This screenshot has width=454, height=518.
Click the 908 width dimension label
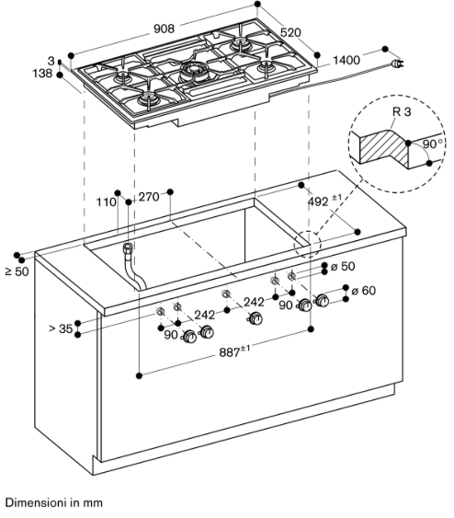pos(164,29)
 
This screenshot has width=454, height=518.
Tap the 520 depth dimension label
pos(290,32)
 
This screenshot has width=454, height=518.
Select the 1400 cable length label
pos(346,60)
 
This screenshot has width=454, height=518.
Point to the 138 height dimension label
pos(42,74)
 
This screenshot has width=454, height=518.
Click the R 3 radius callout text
pos(402,111)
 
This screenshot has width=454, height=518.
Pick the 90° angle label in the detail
pos(433,144)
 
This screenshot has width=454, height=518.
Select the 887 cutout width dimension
pos(234,351)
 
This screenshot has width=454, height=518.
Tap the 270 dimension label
pos(149,197)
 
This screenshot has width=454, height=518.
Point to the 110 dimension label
pos(107,201)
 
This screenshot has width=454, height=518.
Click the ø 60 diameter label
pos(364,291)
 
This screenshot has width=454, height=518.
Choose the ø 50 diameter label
pos(343,266)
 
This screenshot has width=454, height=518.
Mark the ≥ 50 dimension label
pos(17,271)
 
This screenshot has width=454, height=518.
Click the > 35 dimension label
pos(61,328)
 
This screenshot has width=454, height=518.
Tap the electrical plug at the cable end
pos(397,63)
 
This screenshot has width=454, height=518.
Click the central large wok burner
pos(193,72)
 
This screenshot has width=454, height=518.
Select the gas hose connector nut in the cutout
pos(128,247)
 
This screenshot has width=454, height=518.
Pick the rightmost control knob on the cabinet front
pos(322,301)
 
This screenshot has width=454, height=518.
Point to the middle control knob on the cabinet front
pos(255,318)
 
